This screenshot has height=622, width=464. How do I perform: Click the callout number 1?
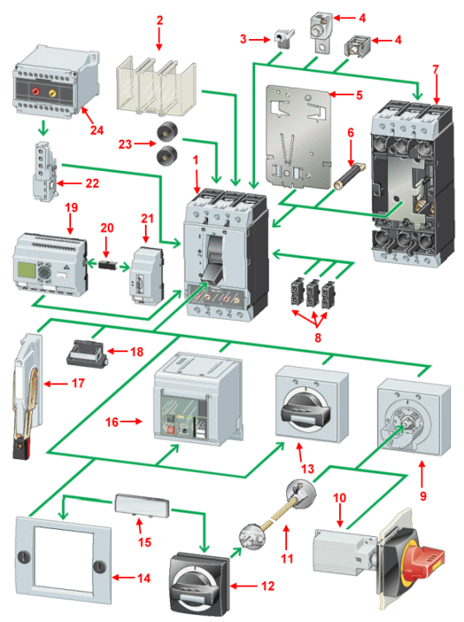coord(198,162)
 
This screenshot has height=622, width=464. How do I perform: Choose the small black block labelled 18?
coord(87,354)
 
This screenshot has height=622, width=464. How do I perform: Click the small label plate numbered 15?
coord(141,507)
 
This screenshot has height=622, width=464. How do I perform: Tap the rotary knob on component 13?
coord(307,408)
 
